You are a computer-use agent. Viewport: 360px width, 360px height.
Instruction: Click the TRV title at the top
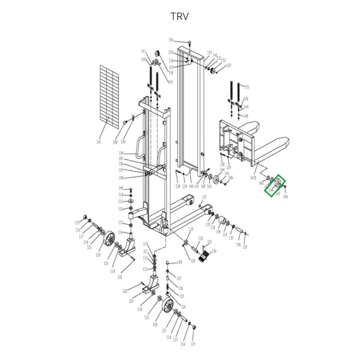click(179, 16)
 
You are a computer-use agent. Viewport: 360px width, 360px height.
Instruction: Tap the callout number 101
click(98, 142)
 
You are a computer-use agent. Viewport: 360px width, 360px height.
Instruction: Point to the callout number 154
click(170, 40)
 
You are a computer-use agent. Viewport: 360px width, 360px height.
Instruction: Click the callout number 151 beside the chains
click(246, 86)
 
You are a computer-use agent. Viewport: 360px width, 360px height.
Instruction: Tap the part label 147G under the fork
click(253, 178)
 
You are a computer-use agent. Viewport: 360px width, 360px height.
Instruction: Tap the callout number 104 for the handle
click(121, 154)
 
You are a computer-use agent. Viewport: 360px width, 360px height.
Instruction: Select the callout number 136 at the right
click(238, 244)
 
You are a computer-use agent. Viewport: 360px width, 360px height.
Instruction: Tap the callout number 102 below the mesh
click(115, 142)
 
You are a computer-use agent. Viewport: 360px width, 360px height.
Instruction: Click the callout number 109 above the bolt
click(121, 188)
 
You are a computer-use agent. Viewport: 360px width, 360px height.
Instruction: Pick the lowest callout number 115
click(193, 344)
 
